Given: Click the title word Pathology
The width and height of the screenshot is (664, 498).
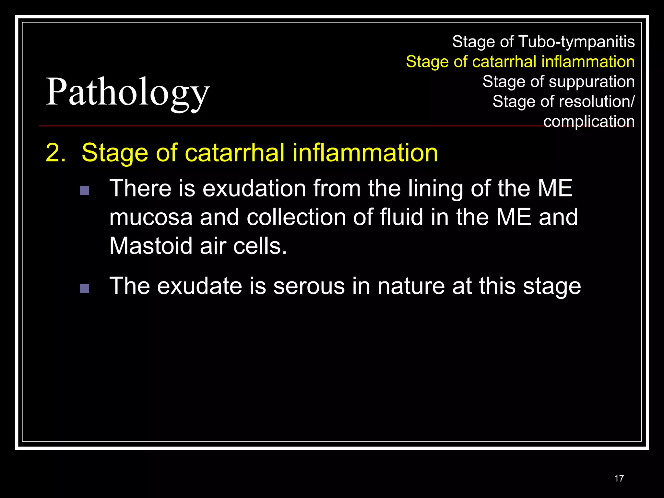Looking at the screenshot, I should [128, 92].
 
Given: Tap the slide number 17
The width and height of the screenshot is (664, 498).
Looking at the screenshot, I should [619, 479].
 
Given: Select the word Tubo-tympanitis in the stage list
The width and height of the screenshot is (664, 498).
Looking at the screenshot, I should [576, 42].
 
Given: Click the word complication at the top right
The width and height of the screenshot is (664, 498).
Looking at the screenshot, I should [589, 122].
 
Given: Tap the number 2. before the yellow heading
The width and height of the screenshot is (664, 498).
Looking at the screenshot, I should [56, 152].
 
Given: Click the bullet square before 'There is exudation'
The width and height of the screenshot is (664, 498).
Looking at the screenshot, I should [84, 190].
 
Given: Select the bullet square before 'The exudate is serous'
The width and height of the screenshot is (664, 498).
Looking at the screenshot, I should [84, 288].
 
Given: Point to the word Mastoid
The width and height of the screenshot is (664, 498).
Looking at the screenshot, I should [151, 246].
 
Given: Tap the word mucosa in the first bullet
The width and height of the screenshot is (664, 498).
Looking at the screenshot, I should [151, 217].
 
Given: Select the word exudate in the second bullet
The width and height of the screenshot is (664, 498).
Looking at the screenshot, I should [199, 286].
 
